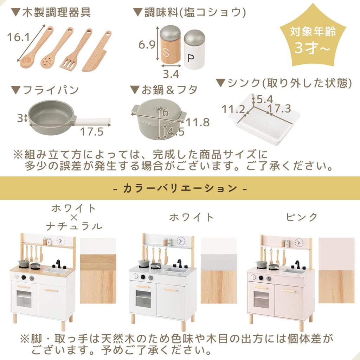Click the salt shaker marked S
click(x=170, y=45)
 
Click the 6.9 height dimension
click(x=147, y=45)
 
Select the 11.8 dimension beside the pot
click(x=198, y=122)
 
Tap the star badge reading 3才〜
click(x=312, y=40)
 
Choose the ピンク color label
click(x=302, y=217)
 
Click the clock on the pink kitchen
click(x=299, y=242)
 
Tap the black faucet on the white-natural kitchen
click(x=58, y=263)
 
